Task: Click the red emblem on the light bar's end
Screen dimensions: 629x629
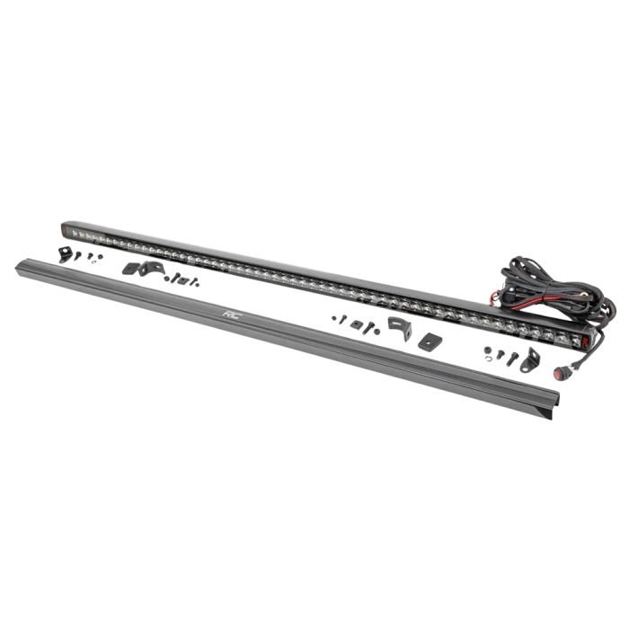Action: click(585, 341)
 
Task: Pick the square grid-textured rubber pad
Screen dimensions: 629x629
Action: click(430, 341)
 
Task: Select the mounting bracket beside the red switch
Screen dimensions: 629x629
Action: click(531, 360)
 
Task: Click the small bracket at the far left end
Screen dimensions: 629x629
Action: click(64, 254)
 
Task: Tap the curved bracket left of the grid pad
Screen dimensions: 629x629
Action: click(400, 327)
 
